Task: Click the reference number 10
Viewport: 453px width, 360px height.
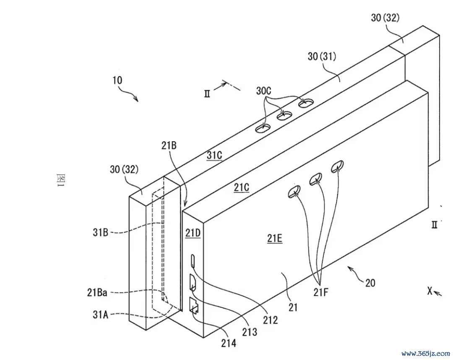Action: [117, 80]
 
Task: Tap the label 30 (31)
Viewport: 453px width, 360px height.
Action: [322, 56]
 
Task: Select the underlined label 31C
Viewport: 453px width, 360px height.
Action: [214, 155]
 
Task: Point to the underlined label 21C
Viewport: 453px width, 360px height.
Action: [241, 188]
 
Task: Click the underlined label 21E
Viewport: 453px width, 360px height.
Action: [275, 238]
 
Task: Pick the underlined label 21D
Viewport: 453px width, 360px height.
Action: [193, 233]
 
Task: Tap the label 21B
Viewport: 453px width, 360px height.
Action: [169, 145]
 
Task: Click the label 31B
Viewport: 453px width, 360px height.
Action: [100, 232]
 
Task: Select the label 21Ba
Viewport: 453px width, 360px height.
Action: [97, 293]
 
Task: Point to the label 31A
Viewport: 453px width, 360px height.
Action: [100, 314]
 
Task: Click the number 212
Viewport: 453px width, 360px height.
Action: [270, 320]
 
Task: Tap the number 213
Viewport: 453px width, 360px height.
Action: [249, 332]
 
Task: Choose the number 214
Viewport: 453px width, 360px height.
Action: [229, 343]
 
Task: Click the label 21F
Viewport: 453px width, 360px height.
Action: [321, 293]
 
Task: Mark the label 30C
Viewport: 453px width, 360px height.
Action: [263, 91]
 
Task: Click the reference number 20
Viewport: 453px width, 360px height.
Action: [370, 283]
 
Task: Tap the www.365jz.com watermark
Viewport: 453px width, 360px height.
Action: [426, 353]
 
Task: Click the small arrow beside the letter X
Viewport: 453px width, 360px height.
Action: [438, 294]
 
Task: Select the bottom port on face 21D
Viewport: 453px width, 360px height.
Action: [193, 306]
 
